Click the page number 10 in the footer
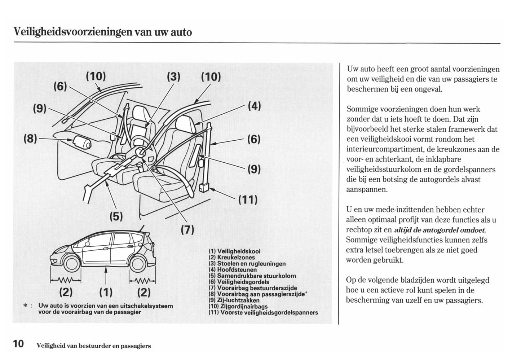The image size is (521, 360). tap(18, 344)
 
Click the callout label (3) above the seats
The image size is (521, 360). tap(174, 77)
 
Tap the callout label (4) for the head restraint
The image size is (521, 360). tap(254, 106)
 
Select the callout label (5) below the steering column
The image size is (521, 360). tap(116, 216)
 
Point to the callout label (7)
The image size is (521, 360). tap(187, 229)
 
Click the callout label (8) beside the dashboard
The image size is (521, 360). tap(30, 139)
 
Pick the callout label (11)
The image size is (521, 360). tap(248, 199)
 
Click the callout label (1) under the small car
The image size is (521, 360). tap(105, 291)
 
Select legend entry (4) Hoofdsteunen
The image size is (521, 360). tap(233, 270)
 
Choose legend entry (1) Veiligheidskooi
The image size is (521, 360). tap(234, 251)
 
